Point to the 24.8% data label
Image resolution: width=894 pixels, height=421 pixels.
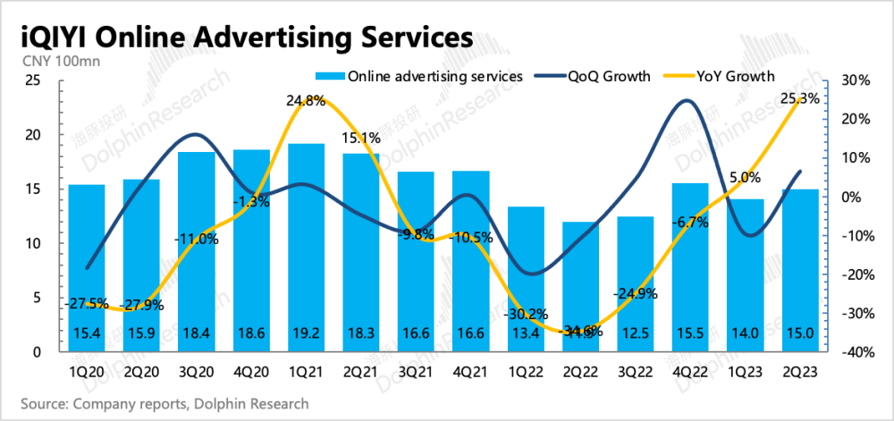(x=305, y=101)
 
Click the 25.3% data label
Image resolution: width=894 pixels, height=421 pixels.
(x=800, y=99)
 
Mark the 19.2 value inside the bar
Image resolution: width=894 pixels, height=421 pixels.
(x=306, y=333)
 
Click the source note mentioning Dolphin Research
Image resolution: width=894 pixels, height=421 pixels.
(x=165, y=404)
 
